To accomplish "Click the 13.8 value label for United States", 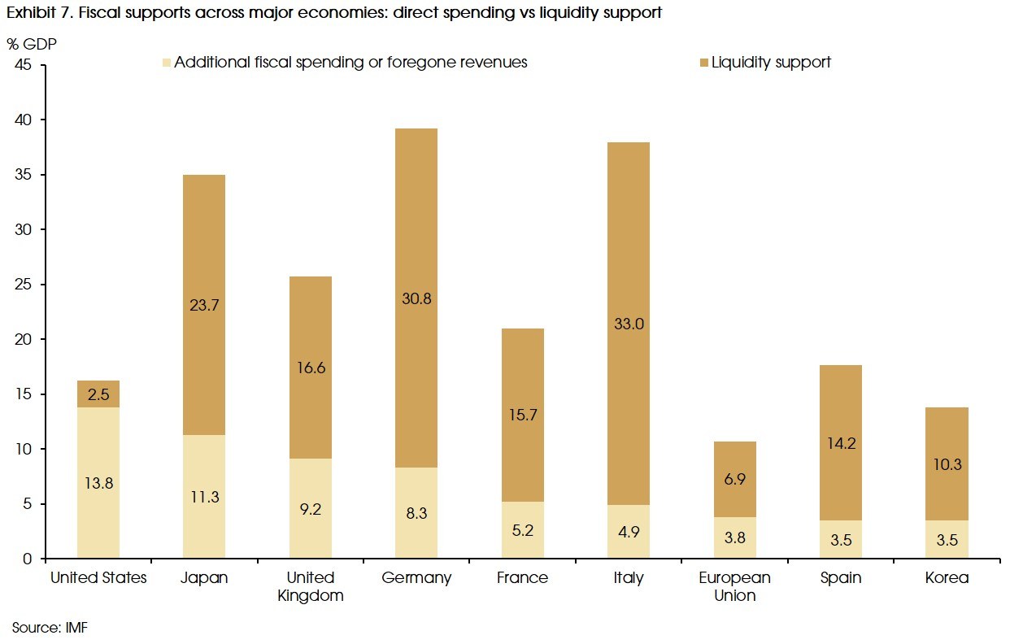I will pyautogui.click(x=98, y=483).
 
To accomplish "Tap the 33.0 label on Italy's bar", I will pyautogui.click(x=629, y=324).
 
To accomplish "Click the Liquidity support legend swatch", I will pyautogui.click(x=703, y=63).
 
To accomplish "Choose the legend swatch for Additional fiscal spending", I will pyautogui.click(x=167, y=63).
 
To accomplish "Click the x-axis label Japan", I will pyautogui.click(x=204, y=578).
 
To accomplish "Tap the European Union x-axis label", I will pyautogui.click(x=734, y=586).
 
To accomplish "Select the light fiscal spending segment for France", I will pyautogui.click(x=522, y=529).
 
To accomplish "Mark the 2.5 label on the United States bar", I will pyautogui.click(x=98, y=394).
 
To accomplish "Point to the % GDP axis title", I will pyautogui.click(x=32, y=44).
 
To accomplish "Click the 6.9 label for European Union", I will pyautogui.click(x=734, y=479).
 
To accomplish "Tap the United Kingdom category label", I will pyautogui.click(x=311, y=586).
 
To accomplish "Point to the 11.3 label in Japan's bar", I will pyautogui.click(x=204, y=497).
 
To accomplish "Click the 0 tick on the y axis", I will pyautogui.click(x=28, y=559).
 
